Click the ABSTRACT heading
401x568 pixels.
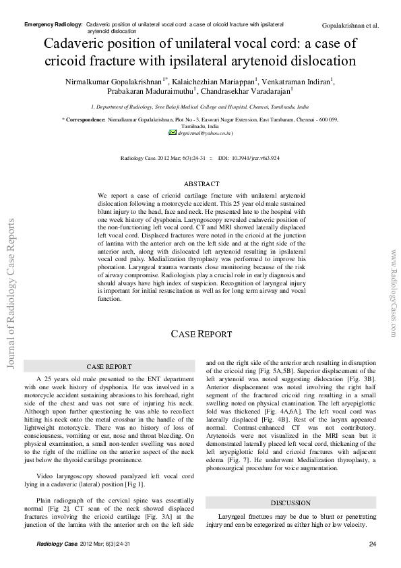[202, 184]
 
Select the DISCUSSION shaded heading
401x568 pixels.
[290, 503]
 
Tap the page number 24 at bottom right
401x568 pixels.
[372, 544]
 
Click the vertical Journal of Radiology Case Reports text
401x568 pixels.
[10, 293]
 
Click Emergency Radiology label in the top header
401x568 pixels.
[53, 24]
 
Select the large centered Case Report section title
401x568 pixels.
[201, 335]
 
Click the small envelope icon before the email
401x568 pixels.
[172, 134]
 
